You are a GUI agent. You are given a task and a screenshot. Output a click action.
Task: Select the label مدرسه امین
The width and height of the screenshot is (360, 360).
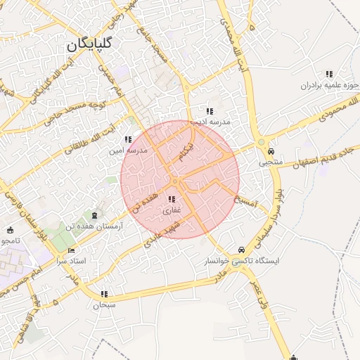127,150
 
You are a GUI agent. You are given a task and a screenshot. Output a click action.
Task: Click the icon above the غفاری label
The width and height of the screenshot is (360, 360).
172,200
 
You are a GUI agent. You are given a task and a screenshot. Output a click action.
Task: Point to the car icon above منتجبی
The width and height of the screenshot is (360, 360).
271,150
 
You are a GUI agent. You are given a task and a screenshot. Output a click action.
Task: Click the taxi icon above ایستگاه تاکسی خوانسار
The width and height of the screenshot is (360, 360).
242,250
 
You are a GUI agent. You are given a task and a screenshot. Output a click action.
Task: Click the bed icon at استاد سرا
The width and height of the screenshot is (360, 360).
70,251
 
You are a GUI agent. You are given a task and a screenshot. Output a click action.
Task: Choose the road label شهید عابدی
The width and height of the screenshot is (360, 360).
163,235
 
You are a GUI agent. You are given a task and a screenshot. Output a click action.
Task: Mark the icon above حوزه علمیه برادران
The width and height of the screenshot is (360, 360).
328,74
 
